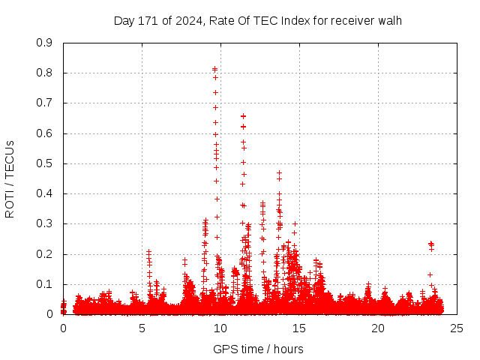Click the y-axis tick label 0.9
click(x=45, y=43)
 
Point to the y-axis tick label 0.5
click(x=45, y=163)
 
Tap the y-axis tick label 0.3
click(x=45, y=223)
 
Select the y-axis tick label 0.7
click(x=45, y=103)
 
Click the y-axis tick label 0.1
click(x=45, y=284)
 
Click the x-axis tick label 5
click(x=142, y=328)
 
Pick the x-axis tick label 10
click(x=220, y=328)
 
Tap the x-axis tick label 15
click(x=299, y=328)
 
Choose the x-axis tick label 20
click(x=378, y=328)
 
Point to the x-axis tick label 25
click(x=457, y=328)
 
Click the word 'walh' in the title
click(x=390, y=20)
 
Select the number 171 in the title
click(x=148, y=20)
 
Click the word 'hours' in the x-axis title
click(x=288, y=349)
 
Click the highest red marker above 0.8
click(x=215, y=69)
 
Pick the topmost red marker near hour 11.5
click(x=243, y=116)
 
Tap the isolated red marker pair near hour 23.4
click(x=430, y=244)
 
